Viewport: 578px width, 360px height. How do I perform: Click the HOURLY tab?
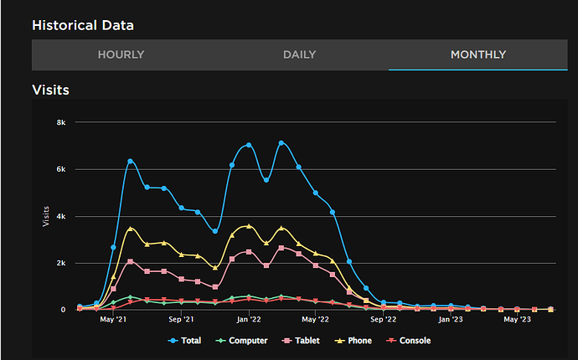coord(121,55)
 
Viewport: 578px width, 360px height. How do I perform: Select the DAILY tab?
coord(299,55)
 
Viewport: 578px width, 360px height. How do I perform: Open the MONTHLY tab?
coord(477,55)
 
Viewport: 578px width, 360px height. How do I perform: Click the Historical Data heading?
coord(82,25)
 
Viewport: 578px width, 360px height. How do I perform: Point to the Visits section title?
coord(50,90)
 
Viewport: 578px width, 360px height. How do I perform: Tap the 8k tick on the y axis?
coord(61,122)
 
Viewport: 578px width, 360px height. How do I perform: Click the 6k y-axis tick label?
coord(61,169)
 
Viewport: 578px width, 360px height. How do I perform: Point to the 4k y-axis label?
coord(61,216)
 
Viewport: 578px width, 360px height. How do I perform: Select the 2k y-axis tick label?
coord(61,263)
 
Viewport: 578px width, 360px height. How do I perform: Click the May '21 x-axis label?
coord(113,319)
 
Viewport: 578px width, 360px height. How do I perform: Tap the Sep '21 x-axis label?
coord(181,319)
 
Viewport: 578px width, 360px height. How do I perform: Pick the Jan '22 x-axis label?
coord(249,319)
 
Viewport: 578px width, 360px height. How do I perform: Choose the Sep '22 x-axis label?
coord(383,319)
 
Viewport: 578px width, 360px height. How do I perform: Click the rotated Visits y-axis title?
coord(45,216)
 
